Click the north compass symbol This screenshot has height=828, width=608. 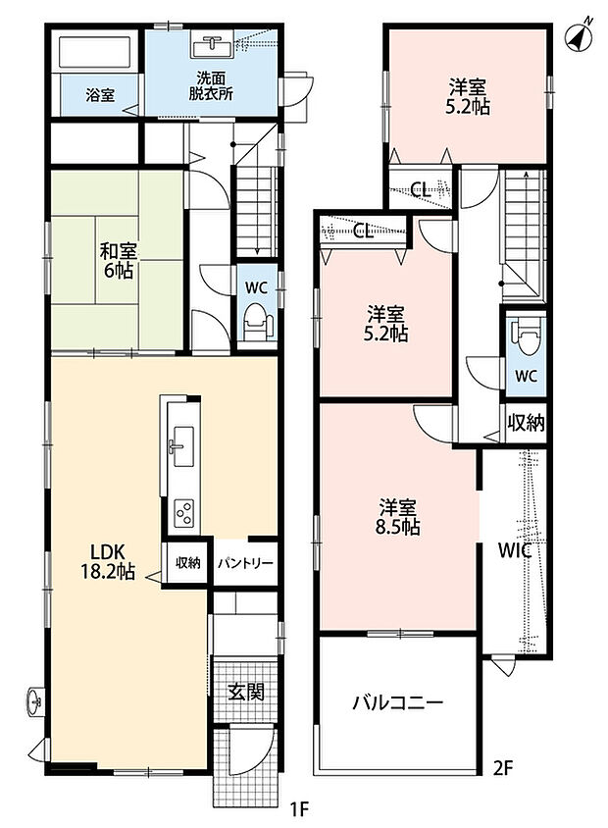(x=579, y=35)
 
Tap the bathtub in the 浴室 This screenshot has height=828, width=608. (x=95, y=52)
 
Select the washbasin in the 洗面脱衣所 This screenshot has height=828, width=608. (x=213, y=46)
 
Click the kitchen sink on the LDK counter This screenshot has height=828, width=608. (x=180, y=446)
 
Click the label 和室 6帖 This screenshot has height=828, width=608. (x=117, y=261)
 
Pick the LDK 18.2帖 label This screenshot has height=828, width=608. (x=107, y=562)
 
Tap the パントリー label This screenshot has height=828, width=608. (x=246, y=563)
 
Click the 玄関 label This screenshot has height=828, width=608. (x=245, y=692)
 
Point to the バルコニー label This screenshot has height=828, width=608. (x=398, y=703)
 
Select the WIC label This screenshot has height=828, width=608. (x=515, y=550)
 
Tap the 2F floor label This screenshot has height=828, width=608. (x=503, y=768)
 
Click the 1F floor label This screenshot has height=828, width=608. (x=298, y=808)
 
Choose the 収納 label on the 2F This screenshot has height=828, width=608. (x=526, y=423)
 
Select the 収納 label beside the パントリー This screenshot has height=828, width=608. (x=188, y=563)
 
